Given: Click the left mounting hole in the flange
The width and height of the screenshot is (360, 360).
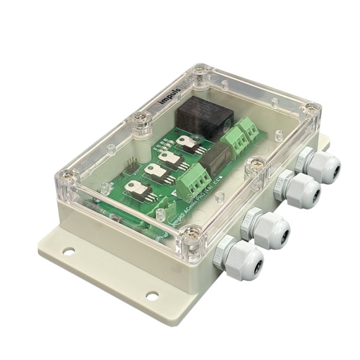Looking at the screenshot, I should point(69,251).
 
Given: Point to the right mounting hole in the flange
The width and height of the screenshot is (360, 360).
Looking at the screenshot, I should point(152,296).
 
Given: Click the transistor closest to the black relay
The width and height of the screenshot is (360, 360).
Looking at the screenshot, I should point(187,143).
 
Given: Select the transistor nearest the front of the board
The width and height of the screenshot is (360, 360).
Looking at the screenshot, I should point(135,189).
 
